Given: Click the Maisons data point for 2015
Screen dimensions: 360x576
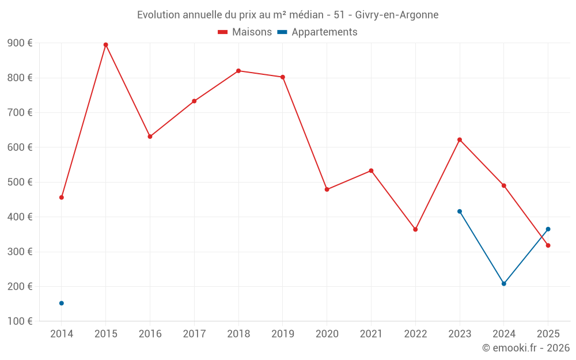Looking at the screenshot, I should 106,45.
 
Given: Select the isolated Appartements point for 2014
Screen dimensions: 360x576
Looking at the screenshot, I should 62,303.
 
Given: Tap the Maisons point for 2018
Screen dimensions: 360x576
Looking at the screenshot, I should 238,71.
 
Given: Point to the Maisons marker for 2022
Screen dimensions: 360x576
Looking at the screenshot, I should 415,229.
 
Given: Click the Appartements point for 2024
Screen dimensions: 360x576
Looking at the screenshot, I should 504,283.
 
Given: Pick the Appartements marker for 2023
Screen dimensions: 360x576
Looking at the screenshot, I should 460,211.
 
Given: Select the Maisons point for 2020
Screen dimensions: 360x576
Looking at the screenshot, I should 327,190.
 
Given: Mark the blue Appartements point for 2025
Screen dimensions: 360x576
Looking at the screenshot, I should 548,229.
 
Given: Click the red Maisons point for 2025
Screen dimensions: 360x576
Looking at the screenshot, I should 548,245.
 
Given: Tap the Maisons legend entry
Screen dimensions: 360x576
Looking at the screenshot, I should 245,32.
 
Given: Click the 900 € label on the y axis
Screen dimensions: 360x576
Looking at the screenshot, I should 20,43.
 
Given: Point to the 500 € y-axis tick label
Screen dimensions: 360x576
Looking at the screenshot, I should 20,182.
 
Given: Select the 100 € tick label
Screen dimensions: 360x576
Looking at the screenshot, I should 20,321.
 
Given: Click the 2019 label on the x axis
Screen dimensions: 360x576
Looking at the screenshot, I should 283,334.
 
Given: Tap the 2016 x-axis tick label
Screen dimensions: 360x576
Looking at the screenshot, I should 150,334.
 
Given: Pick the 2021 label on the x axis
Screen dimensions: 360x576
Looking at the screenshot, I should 371,334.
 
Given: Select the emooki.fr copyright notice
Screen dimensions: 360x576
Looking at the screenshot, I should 525,348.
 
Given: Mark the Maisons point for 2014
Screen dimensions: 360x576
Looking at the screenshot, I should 62,198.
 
